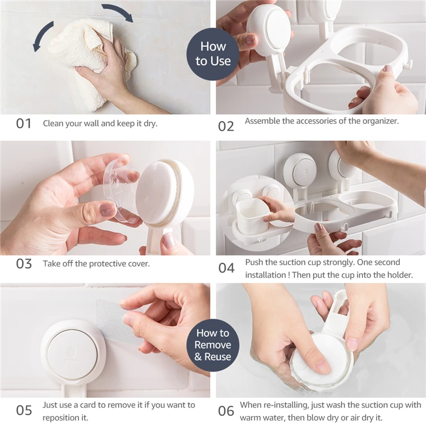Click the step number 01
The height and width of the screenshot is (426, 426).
[x=23, y=124]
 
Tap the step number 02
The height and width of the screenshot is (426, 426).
[x=226, y=127]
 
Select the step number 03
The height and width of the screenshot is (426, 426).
[x=24, y=264]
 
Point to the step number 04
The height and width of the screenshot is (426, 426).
[x=226, y=268]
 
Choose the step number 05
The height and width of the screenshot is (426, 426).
[x=24, y=410]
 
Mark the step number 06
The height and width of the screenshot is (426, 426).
[x=226, y=411]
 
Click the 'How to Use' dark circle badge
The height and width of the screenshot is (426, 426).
[x=213, y=54]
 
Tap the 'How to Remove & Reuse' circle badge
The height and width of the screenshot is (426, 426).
[x=213, y=345]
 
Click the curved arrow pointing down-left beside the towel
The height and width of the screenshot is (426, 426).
[x=41, y=35]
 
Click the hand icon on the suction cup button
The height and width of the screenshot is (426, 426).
[x=72, y=352]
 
